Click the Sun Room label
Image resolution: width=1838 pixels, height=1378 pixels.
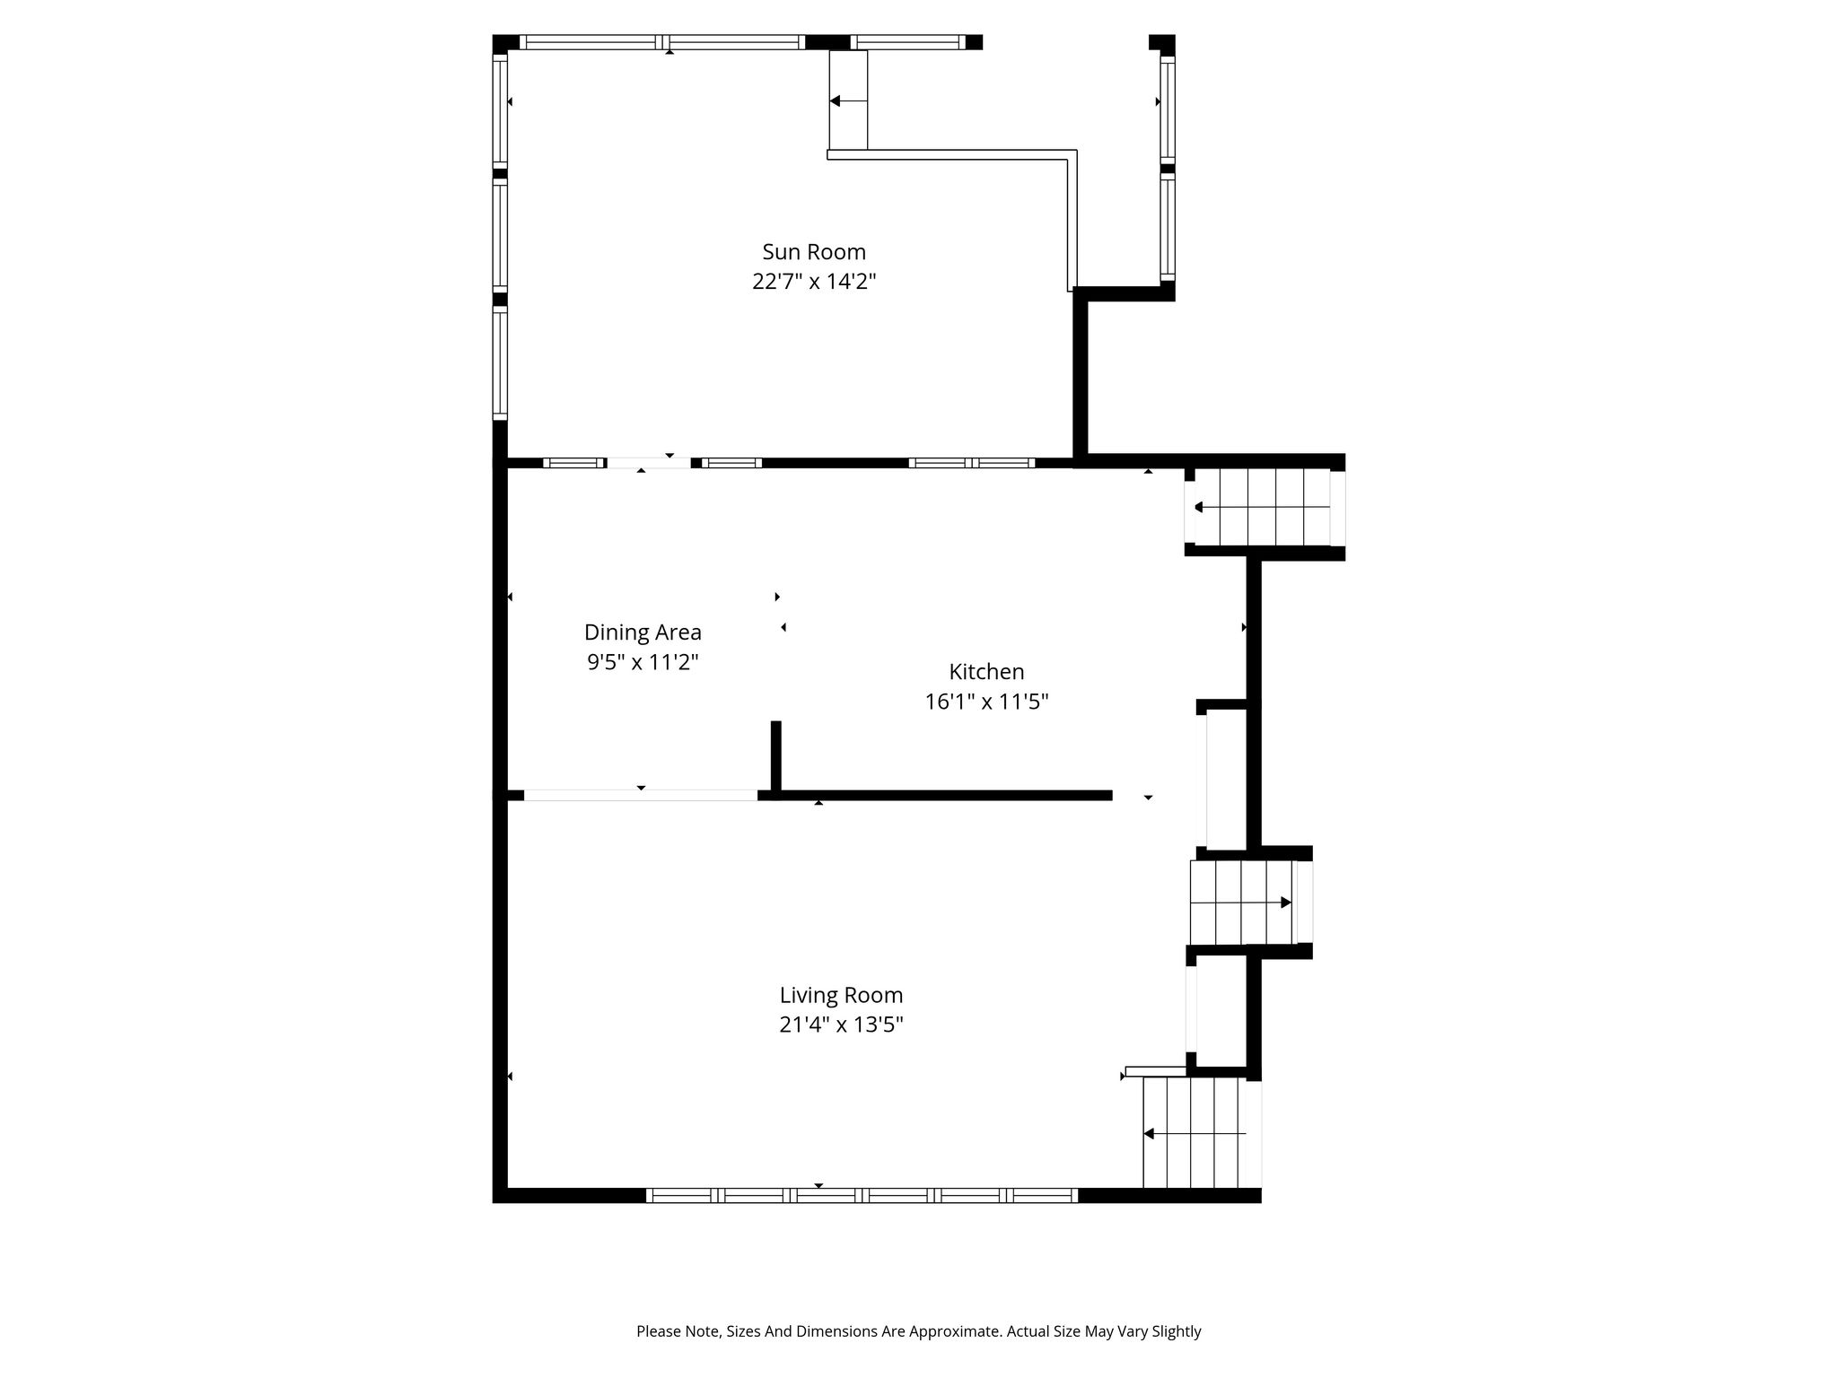click(814, 252)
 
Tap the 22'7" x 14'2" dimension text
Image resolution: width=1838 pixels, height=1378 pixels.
click(814, 282)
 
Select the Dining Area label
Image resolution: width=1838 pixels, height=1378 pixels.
click(643, 632)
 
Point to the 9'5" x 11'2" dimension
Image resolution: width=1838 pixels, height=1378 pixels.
click(643, 662)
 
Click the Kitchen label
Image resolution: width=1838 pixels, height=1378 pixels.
click(986, 672)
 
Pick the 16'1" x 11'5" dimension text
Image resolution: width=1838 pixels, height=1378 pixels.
click(986, 702)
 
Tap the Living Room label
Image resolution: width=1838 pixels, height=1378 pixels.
click(841, 995)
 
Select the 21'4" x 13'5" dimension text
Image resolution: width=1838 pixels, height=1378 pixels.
click(841, 1025)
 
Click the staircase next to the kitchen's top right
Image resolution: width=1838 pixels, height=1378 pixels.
click(1263, 507)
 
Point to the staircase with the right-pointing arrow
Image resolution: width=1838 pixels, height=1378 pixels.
click(1242, 903)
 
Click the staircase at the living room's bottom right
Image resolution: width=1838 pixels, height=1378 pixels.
click(1194, 1133)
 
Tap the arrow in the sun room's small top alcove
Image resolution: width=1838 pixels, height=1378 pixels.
click(848, 101)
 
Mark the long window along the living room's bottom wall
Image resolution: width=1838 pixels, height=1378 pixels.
click(862, 1195)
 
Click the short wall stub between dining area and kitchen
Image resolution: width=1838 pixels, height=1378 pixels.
click(776, 756)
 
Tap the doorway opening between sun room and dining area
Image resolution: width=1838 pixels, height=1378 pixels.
click(650, 463)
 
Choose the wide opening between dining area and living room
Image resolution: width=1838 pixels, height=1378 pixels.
click(641, 795)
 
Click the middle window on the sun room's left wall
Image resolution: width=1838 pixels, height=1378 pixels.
click(500, 235)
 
